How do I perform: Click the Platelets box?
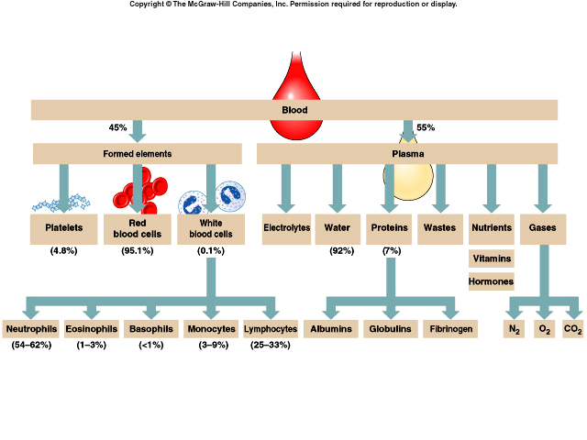64,229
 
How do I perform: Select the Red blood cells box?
138,229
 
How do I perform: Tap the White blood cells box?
211,229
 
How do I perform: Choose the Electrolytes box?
286,229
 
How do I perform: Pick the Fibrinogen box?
450,329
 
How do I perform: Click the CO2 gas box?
572,329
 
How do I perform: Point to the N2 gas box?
514,329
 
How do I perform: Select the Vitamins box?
492,258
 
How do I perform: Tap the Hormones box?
492,281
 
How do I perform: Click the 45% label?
118,127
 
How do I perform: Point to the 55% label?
426,127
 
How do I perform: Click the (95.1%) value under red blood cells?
138,250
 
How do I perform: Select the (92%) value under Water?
342,250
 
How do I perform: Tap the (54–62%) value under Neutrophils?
31,345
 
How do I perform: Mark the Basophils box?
151,329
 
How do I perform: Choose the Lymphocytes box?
271,329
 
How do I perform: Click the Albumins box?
331,329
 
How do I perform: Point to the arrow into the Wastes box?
440,189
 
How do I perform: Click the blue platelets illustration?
61,203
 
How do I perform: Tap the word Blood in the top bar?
294,110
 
